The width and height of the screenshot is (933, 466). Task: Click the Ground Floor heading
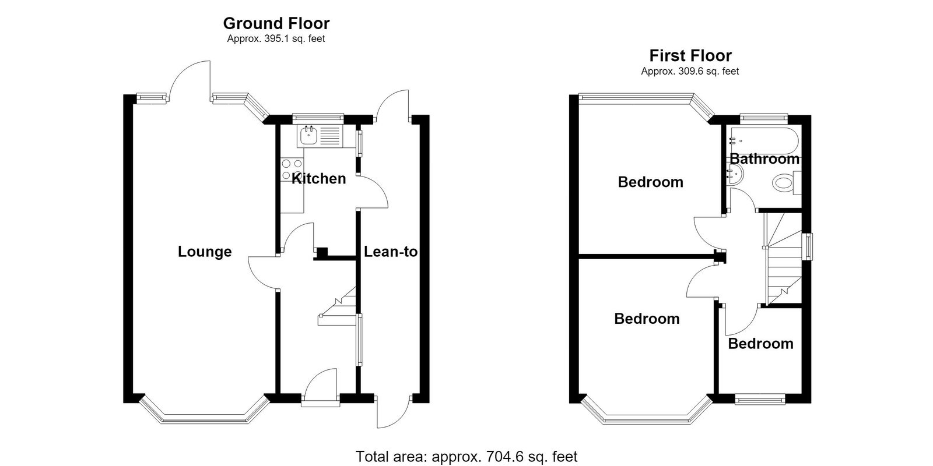coord(276,24)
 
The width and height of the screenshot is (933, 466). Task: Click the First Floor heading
coord(690,56)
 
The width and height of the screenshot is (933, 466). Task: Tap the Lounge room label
coord(205,252)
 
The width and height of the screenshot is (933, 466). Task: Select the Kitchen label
coord(318,178)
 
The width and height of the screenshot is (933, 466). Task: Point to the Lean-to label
coord(391,252)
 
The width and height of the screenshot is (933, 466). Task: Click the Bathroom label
coord(764,159)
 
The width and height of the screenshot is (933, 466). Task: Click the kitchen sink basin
coord(308,136)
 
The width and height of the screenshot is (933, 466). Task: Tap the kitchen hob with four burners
coord(292,170)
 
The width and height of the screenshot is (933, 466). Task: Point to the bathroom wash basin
coord(734,175)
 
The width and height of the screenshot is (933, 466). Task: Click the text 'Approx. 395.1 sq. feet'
coord(276,39)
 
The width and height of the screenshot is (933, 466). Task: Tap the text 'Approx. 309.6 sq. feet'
coord(690,72)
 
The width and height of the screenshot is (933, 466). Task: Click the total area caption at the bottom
coord(466,457)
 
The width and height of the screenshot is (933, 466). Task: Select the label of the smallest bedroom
coord(760,344)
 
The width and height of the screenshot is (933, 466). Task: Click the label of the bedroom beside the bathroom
coord(651,182)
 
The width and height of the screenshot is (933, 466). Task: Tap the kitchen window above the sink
coord(318,118)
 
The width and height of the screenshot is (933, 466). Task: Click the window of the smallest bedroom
coord(760,400)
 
